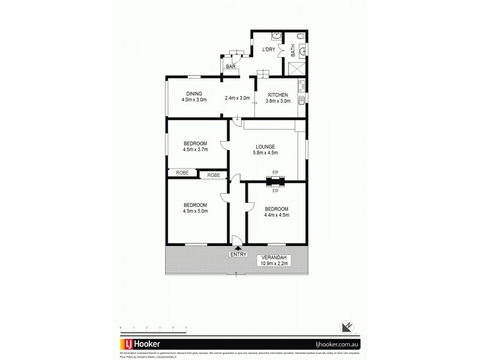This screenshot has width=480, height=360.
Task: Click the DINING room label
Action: (x=193, y=93)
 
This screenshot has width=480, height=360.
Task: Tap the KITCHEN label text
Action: (x=278, y=95)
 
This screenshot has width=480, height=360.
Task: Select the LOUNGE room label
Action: (x=265, y=146)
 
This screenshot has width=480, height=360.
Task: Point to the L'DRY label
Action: (x=268, y=50)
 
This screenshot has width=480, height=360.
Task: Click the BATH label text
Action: (x=293, y=52)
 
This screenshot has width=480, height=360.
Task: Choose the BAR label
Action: (x=231, y=67)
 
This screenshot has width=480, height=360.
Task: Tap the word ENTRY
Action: (x=238, y=254)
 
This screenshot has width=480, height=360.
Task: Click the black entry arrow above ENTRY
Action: (x=238, y=247)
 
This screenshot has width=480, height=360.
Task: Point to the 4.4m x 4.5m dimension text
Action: (x=277, y=214)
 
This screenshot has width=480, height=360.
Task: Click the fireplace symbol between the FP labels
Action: (x=275, y=181)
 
